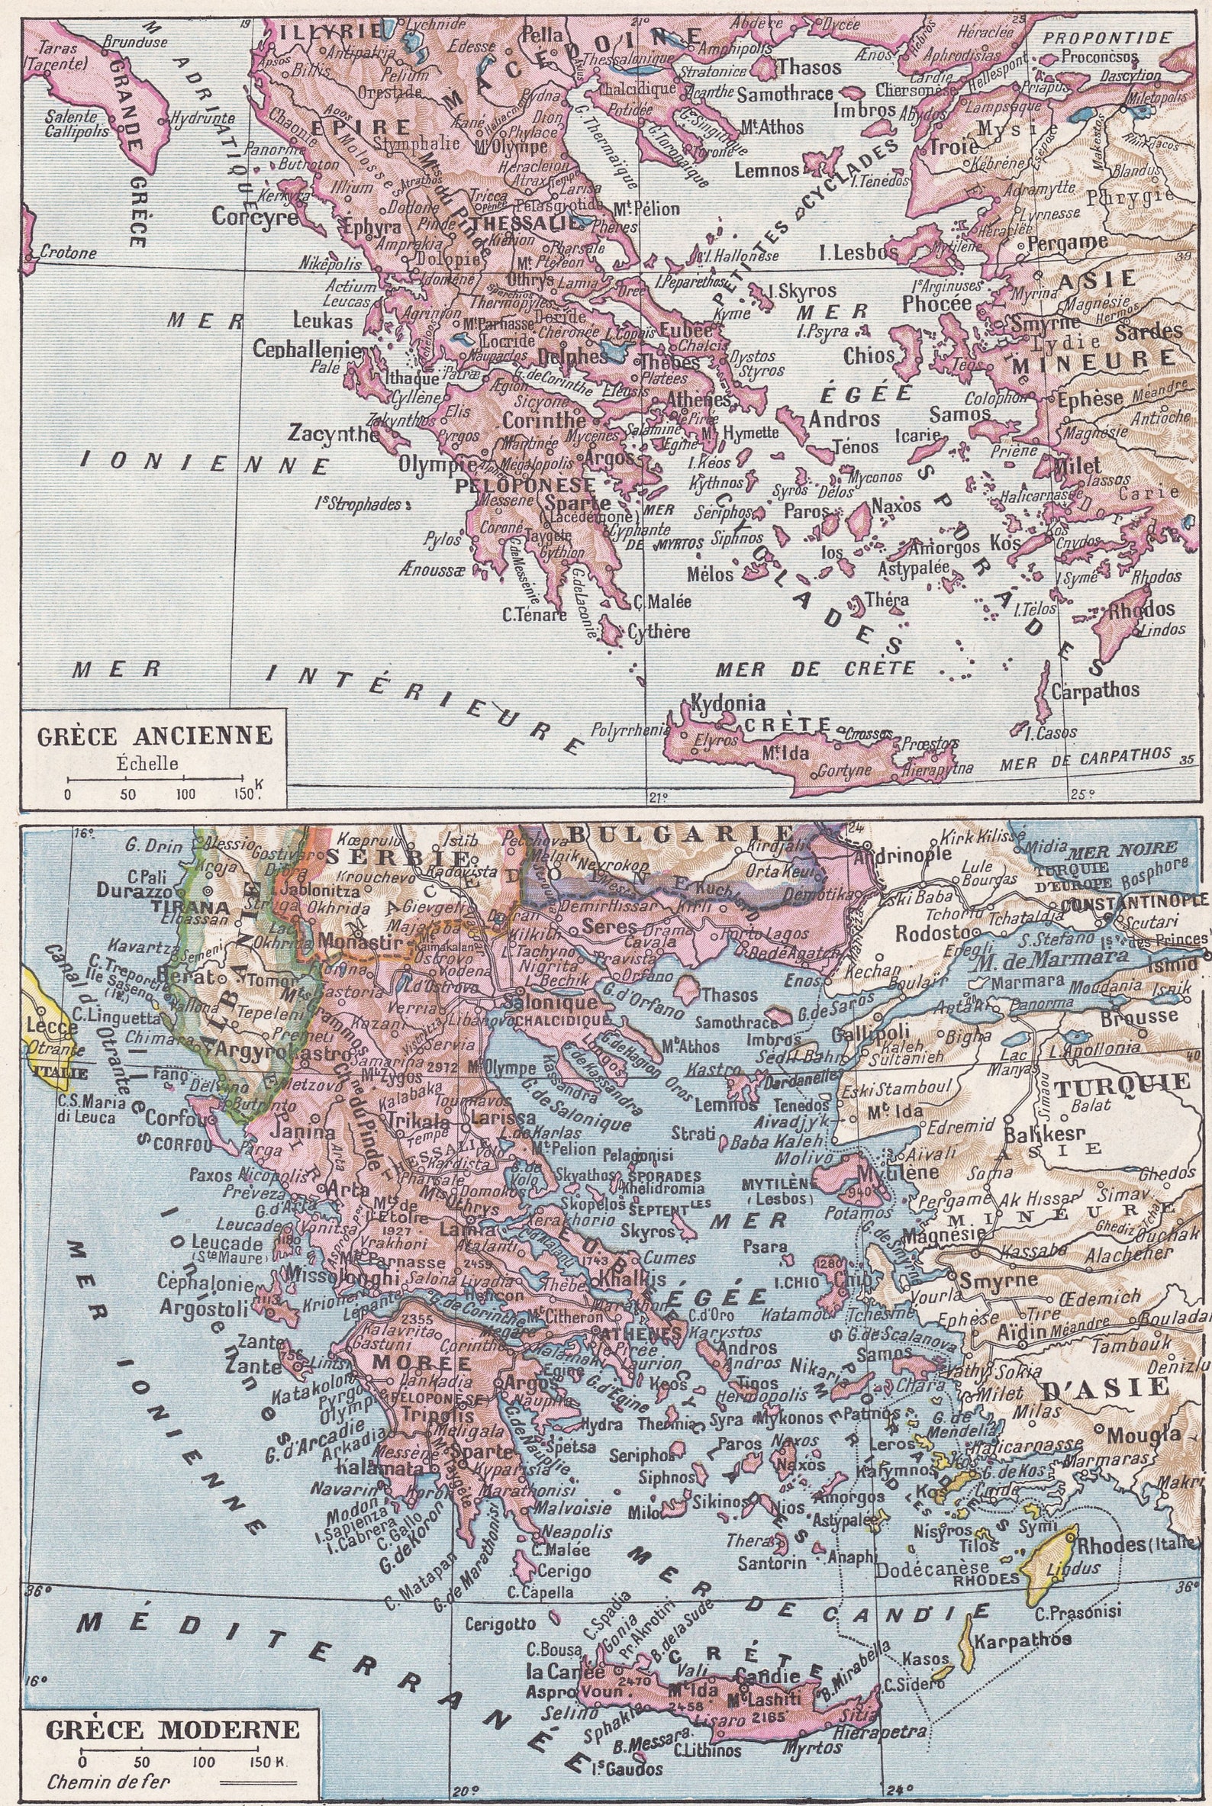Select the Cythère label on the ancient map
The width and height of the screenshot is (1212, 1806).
pos(658,631)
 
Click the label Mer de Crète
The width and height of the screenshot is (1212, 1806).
pos(814,668)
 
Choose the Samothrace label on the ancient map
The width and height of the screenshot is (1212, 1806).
pos(785,95)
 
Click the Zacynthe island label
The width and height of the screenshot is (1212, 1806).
pos(333,433)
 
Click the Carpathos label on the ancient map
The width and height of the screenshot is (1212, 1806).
pos(1084,689)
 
